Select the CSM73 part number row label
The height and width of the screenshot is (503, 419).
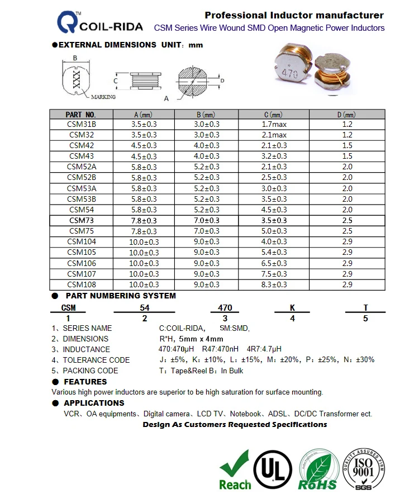click(x=82, y=221)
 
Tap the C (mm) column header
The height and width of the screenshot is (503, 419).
click(x=274, y=114)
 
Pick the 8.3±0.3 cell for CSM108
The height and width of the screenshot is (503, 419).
click(x=274, y=284)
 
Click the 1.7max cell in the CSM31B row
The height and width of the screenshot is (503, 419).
click(x=274, y=125)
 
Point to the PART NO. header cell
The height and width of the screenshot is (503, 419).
click(x=82, y=114)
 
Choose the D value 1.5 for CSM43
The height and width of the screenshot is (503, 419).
click(x=347, y=156)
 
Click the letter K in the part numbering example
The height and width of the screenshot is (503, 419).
click(x=292, y=308)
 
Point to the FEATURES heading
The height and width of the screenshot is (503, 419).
click(x=85, y=382)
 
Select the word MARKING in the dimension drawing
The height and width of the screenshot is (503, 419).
click(x=103, y=97)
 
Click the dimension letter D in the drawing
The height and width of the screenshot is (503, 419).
click(x=222, y=80)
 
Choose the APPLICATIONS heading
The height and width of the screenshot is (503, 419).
click(x=94, y=403)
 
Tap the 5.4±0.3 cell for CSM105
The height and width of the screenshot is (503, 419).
click(x=274, y=253)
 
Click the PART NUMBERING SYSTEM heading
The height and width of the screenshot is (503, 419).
click(x=121, y=296)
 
